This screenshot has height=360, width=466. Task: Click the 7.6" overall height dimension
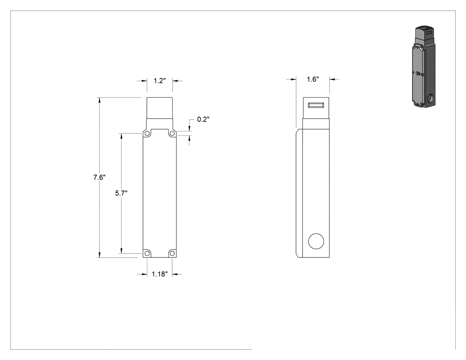pyautogui.click(x=99, y=178)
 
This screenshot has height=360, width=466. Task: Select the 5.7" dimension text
pyautogui.click(x=121, y=193)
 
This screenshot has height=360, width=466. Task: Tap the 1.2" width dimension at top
pyautogui.click(x=160, y=80)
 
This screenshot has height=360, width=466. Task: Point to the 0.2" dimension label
pyautogui.click(x=203, y=119)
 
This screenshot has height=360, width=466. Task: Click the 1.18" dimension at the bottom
pyautogui.click(x=160, y=274)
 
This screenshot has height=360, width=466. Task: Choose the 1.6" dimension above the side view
pyautogui.click(x=312, y=79)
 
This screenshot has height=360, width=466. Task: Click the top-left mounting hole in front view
pyautogui.click(x=147, y=134)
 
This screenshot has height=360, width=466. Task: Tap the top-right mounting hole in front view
pyautogui.click(x=172, y=134)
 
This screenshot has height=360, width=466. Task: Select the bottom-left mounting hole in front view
pyautogui.click(x=147, y=253)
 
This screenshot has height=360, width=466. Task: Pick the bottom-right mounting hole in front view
pyautogui.click(x=172, y=253)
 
